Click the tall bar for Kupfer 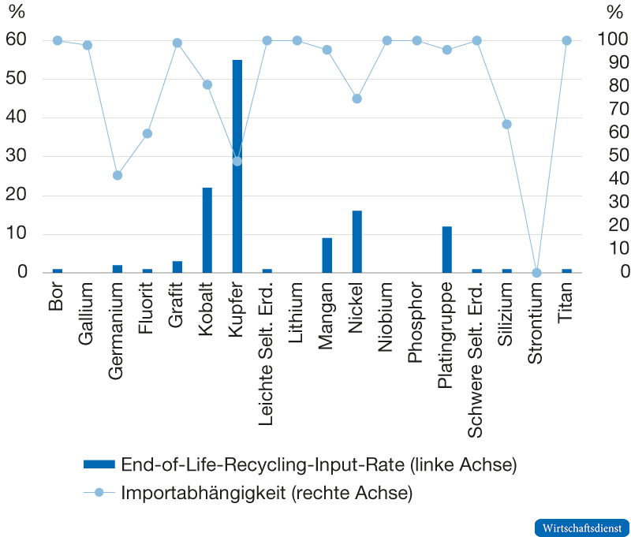237,166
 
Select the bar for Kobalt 207,229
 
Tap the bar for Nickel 357,241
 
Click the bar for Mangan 327,255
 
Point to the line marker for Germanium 118,175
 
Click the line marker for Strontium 536,273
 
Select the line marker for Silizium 506,125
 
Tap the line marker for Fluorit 147,133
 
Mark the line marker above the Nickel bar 357,99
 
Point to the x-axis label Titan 566,304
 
